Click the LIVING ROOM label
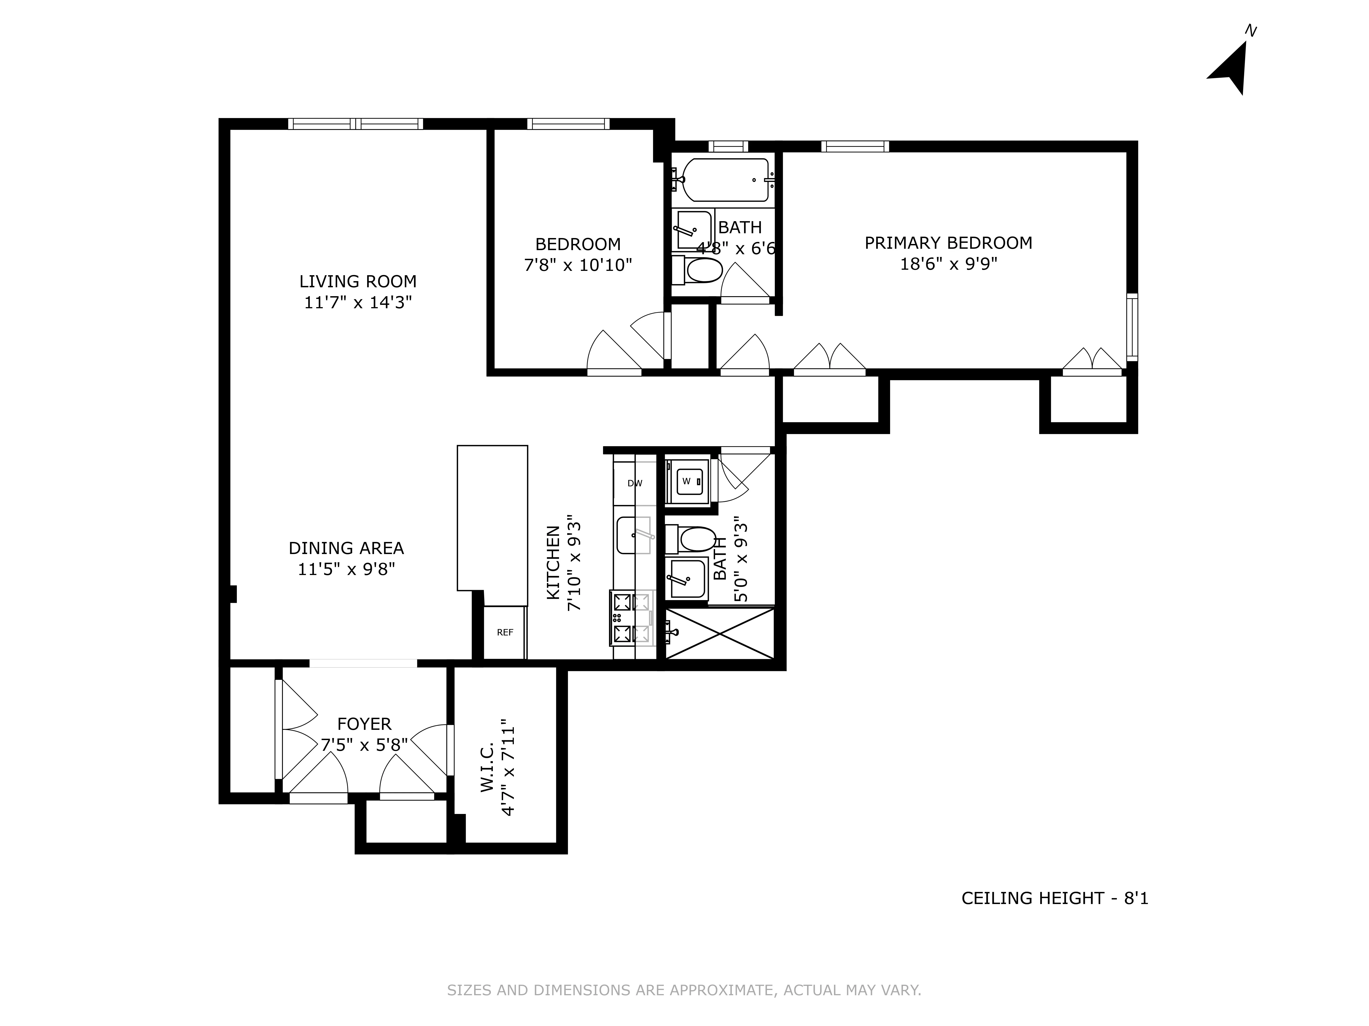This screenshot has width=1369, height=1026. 358,281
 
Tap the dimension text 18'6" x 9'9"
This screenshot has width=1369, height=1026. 948,264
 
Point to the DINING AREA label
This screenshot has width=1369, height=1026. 346,548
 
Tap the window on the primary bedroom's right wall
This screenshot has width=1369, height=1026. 1131,328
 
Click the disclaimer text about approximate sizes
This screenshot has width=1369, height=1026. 684,990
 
